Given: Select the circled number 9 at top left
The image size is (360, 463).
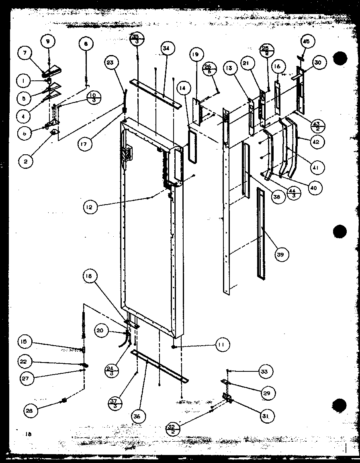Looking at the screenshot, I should (48, 41).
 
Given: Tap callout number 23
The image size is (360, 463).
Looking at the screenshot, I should (112, 62).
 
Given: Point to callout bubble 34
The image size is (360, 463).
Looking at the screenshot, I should (166, 49).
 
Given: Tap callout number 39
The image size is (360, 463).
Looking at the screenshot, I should (282, 254).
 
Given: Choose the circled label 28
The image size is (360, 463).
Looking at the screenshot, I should (31, 410).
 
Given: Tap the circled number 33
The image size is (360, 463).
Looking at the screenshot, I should (263, 372).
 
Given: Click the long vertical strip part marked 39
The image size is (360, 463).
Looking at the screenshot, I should (262, 233).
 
